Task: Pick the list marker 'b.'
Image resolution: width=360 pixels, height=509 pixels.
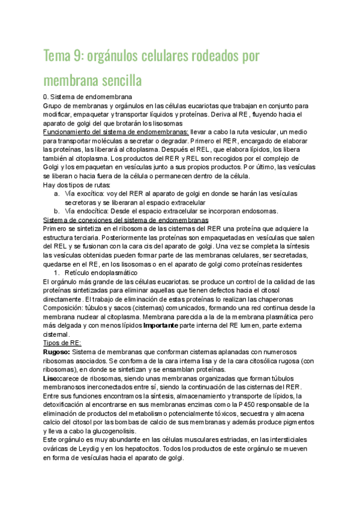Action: (56, 211)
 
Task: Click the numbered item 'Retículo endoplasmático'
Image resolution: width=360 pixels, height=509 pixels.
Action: (104, 272)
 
